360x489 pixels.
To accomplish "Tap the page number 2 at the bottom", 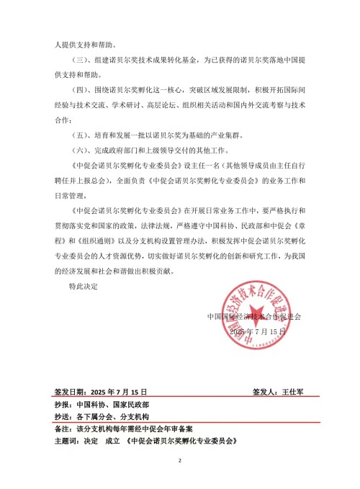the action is (x=180, y=460).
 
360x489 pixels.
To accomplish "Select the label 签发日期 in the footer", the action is (x=70, y=392).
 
